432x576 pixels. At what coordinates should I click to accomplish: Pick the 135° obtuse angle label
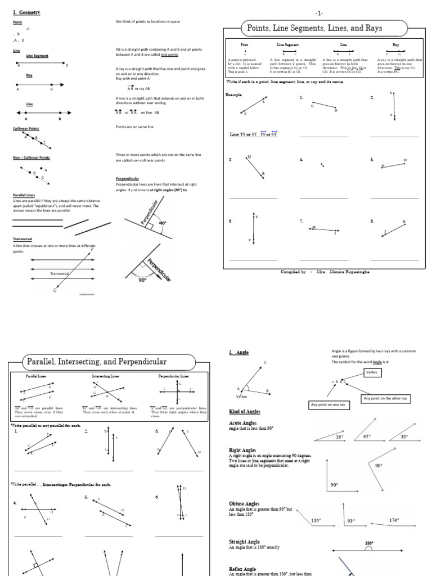316,520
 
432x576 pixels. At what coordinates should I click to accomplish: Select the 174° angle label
394,520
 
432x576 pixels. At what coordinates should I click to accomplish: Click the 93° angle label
351,521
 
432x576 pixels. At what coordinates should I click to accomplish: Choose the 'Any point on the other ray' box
388,398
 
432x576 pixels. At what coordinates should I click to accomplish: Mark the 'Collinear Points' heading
26,129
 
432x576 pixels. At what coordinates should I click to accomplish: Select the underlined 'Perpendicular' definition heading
127,178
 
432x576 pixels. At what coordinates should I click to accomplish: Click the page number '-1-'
319,12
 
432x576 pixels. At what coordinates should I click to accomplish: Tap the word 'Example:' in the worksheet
235,95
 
